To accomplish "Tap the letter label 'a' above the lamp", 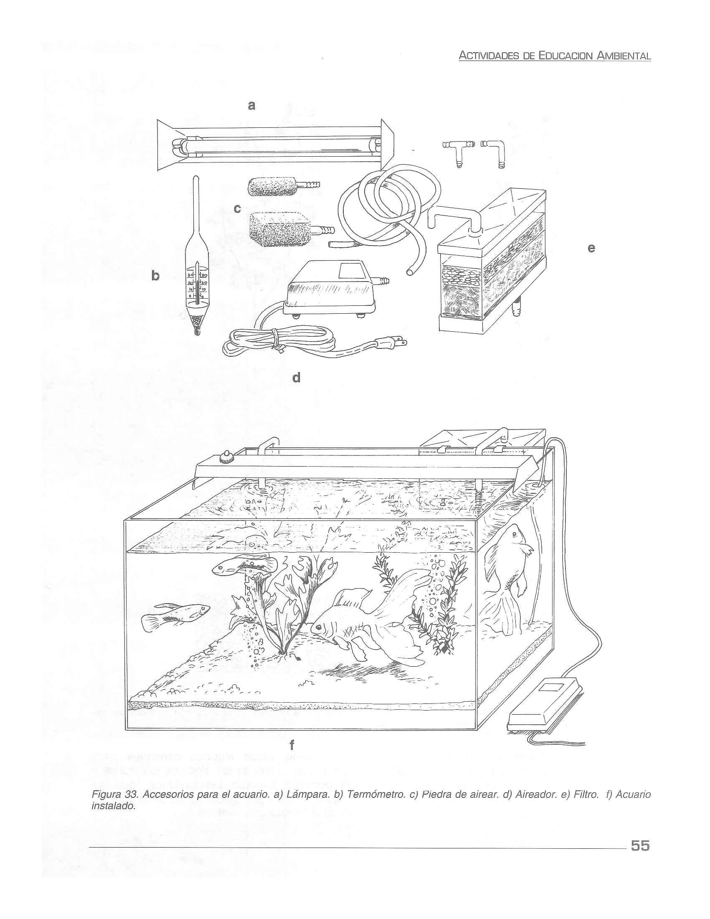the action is pos(251,106).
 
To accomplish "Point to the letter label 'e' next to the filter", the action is pos(591,249).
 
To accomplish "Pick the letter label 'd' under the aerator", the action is pos(296,378).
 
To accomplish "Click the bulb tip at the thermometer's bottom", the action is pos(196,331).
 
